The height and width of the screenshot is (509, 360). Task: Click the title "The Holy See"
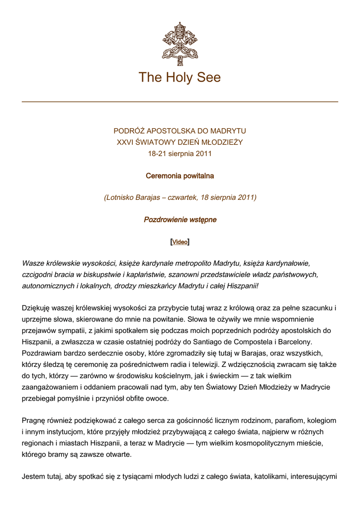[180, 78]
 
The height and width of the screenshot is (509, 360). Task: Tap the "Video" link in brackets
[180, 242]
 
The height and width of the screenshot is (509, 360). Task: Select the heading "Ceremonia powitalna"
[180, 176]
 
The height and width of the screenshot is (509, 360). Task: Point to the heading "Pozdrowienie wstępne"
[180, 220]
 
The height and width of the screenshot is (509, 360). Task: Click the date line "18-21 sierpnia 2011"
[180, 154]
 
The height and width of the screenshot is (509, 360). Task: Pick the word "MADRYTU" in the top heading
[228, 131]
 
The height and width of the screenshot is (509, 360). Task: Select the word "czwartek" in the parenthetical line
[182, 198]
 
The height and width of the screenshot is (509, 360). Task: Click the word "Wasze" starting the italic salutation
[33, 263]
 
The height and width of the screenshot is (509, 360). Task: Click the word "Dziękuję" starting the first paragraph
[37, 308]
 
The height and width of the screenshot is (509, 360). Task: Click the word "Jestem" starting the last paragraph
[34, 477]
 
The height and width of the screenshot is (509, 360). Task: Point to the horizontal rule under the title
[180, 102]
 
